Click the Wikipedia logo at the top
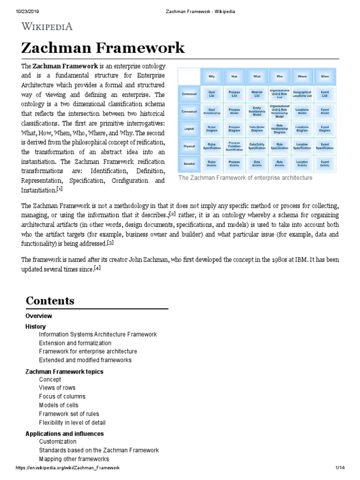(x=47, y=26)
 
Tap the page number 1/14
(x=339, y=468)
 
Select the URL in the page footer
(x=67, y=468)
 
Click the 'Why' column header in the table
(x=211, y=76)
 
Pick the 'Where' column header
(x=302, y=76)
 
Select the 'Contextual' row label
(x=189, y=94)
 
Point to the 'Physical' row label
(x=189, y=146)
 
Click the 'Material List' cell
(x=257, y=94)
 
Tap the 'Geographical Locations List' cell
(x=302, y=94)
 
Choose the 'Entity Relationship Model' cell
(x=257, y=111)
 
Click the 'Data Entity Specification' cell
(x=257, y=146)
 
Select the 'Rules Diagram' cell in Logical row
(x=211, y=129)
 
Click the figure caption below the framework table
(x=245, y=178)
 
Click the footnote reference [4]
(x=97, y=268)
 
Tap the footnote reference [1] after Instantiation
(x=60, y=189)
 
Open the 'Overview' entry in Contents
(x=38, y=316)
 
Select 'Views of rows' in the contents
(x=57, y=388)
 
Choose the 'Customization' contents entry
(x=58, y=442)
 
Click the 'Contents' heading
(x=50, y=300)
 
